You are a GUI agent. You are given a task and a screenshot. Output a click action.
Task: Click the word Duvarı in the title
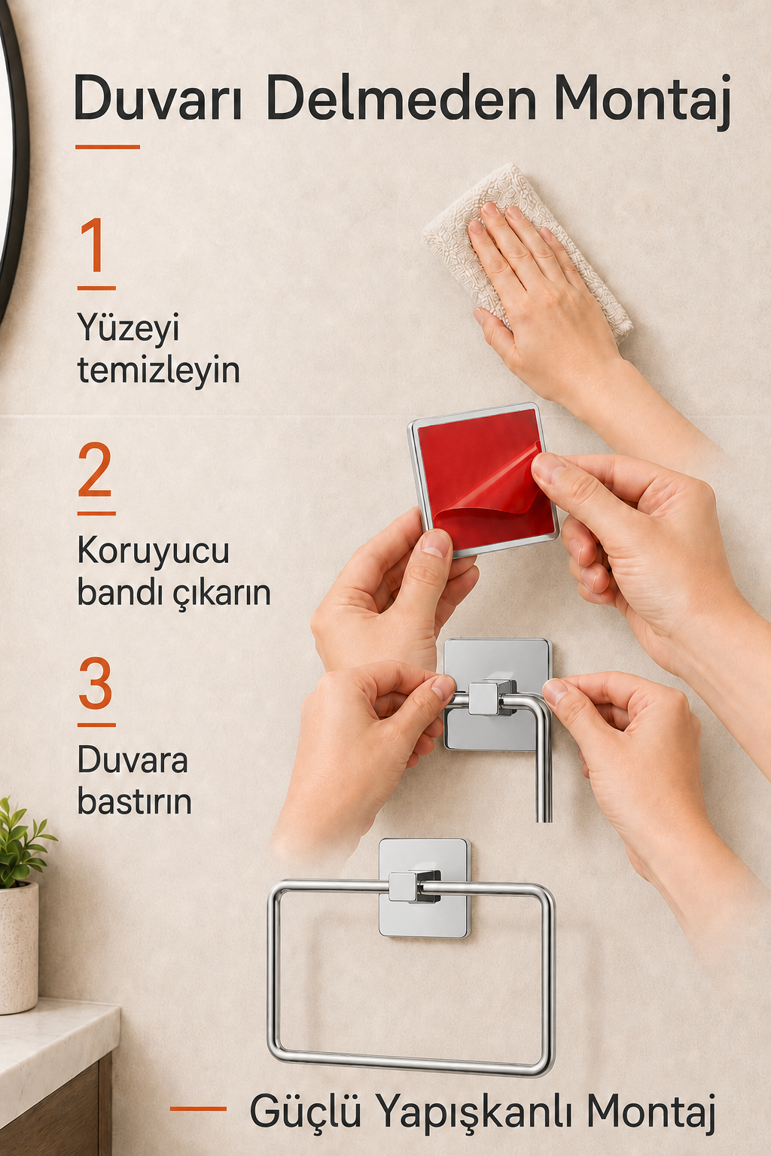click(158, 97)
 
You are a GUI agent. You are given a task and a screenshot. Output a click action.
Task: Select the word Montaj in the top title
click(642, 101)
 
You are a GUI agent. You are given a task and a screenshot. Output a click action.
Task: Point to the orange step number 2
click(95, 469)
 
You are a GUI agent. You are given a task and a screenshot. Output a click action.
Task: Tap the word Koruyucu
click(154, 551)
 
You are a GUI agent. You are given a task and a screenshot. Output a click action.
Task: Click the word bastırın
click(134, 802)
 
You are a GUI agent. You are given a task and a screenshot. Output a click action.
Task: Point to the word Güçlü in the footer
click(306, 1110)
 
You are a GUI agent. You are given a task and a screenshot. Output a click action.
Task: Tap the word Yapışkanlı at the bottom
click(473, 1112)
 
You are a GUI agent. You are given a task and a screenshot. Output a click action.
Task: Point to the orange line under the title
click(108, 147)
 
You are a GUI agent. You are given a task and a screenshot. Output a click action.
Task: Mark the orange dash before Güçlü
click(198, 1108)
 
